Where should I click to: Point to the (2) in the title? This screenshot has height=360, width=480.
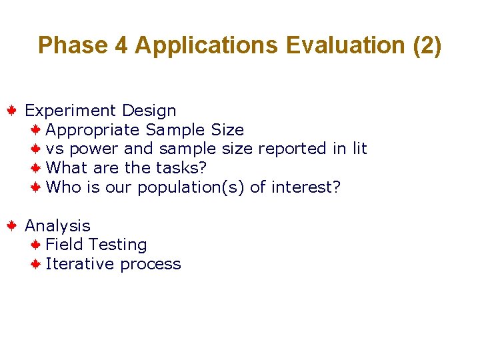[427, 45]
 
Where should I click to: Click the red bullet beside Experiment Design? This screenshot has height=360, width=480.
[12, 110]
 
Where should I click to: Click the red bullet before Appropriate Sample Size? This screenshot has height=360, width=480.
[37, 129]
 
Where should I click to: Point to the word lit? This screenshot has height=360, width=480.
[359, 149]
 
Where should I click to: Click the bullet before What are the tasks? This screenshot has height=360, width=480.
[37, 168]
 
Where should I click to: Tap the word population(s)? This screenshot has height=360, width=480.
[191, 187]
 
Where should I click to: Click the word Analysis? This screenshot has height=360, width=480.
[57, 226]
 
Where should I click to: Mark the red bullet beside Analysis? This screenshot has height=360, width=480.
[12, 226]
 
